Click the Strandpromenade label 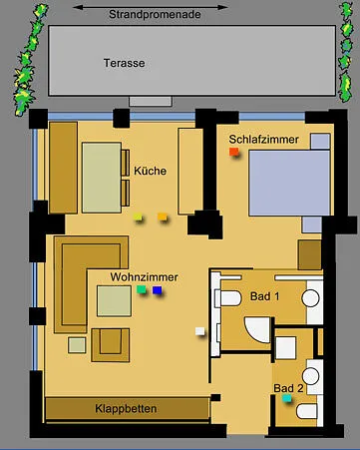(x=155, y=15)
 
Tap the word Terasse (x=124, y=63)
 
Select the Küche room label (x=150, y=171)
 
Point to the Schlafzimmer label (x=264, y=140)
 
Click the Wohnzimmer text (x=145, y=277)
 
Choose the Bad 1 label (x=265, y=296)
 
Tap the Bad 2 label (x=288, y=388)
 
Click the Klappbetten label (x=126, y=409)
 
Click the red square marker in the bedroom (x=234, y=152)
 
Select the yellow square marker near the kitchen (x=138, y=217)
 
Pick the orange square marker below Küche (x=163, y=217)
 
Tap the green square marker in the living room (x=142, y=289)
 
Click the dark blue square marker (x=158, y=290)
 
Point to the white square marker (x=200, y=331)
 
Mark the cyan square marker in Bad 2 (x=287, y=398)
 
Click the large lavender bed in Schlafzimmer (x=289, y=183)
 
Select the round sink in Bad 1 (x=311, y=298)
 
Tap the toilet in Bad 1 (x=228, y=298)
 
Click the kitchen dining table (x=102, y=178)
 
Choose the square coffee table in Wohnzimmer (x=114, y=301)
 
